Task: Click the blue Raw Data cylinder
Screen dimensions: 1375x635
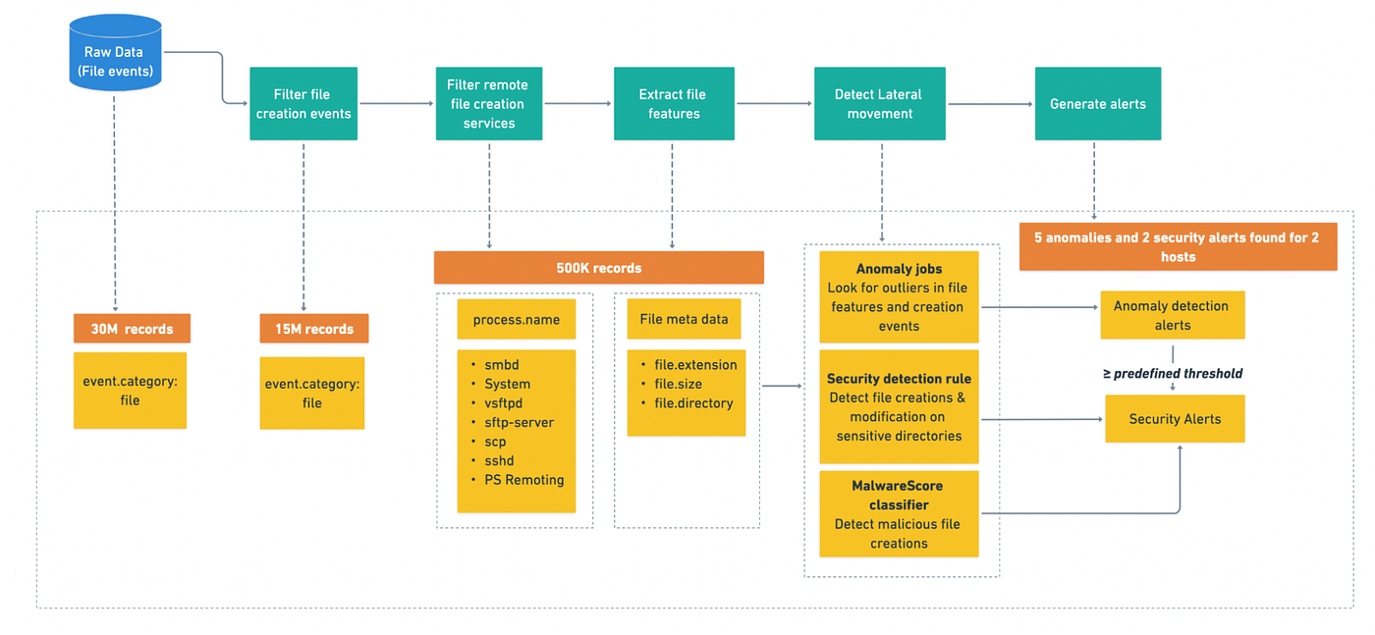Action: pos(116,53)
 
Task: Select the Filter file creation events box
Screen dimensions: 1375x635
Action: pos(303,104)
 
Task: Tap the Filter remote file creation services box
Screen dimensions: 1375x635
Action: pos(489,104)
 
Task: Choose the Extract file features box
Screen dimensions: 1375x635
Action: pos(674,104)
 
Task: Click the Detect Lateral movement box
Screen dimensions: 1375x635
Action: pos(880,104)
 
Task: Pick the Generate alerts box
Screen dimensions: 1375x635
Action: pos(1098,104)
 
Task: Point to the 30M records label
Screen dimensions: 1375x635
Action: pos(132,329)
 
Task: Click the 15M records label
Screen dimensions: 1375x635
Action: pos(313,329)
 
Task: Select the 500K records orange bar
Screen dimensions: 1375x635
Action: pos(598,268)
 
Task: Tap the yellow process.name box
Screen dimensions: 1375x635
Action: pos(517,319)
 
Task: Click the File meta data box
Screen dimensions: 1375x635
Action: pos(684,319)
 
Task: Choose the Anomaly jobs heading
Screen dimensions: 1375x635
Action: pos(899,269)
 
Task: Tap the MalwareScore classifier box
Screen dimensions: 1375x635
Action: pos(899,514)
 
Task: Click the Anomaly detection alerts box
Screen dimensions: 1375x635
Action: pos(1173,315)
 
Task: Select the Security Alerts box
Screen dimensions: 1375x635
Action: pos(1175,418)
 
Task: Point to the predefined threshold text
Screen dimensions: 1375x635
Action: pos(1178,374)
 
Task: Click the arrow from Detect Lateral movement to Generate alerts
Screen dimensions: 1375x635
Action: pos(990,104)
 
